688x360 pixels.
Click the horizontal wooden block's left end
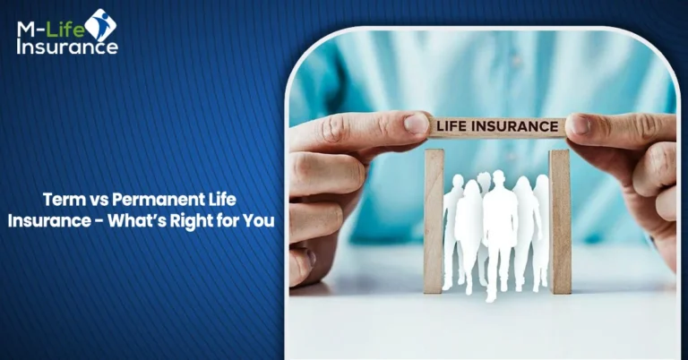click(433, 128)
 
